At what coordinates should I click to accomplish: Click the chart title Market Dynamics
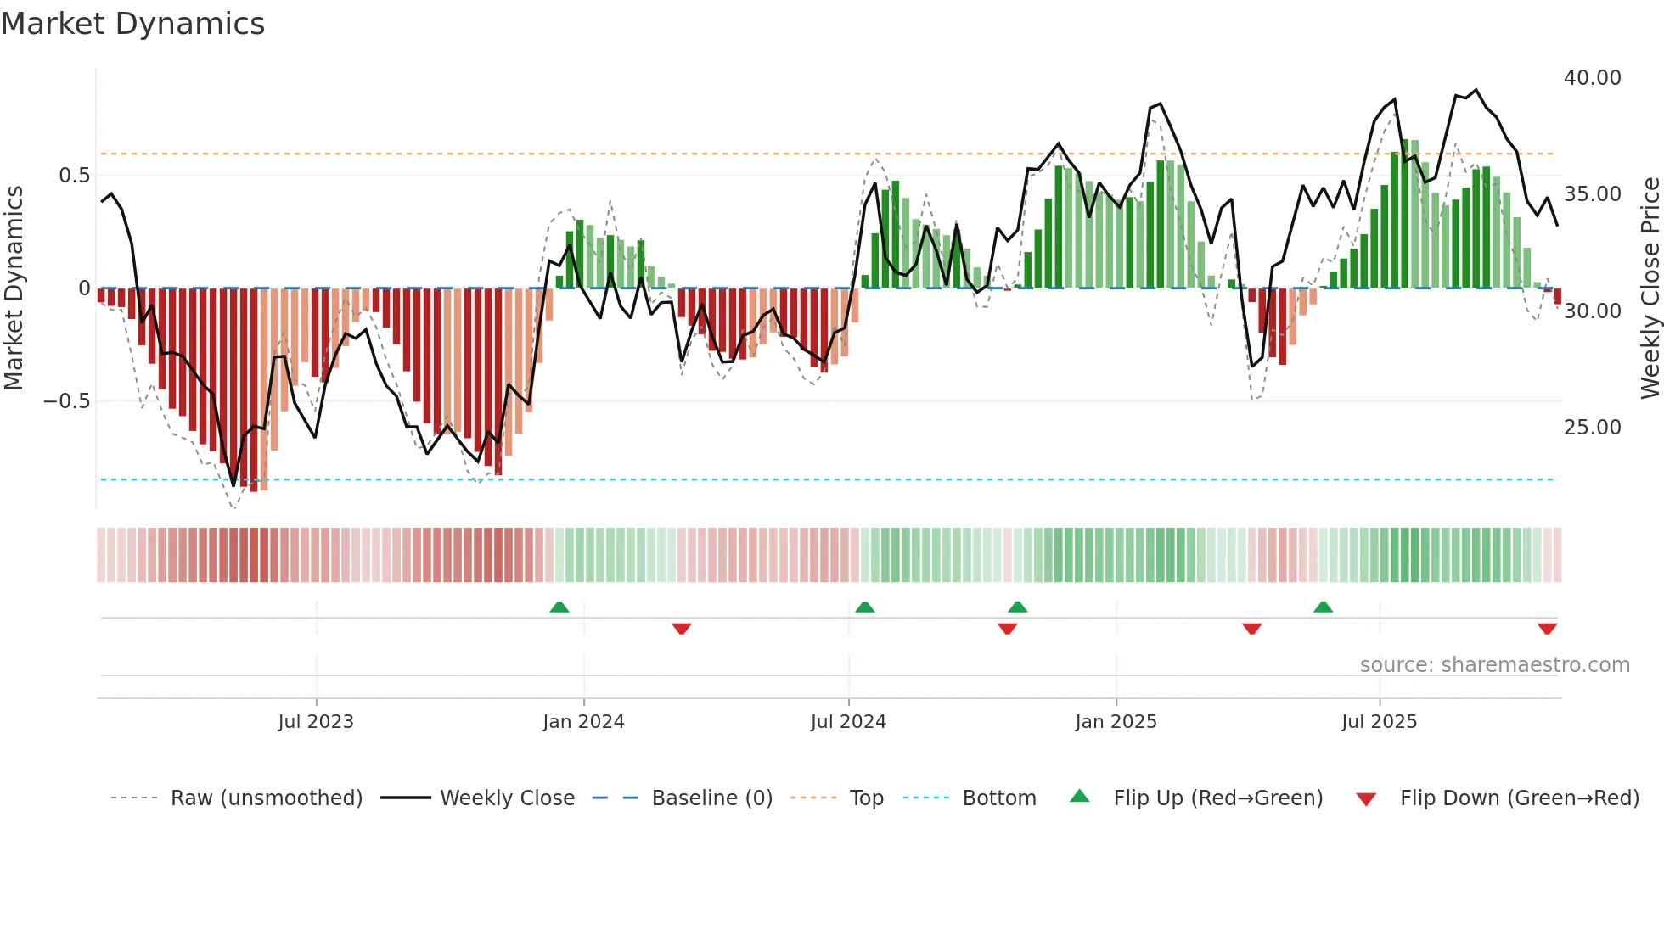[x=132, y=24]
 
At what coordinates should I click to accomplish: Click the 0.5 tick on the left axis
[x=74, y=176]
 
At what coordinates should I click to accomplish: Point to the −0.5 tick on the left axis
[x=67, y=401]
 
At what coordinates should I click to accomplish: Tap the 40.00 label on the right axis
[x=1592, y=78]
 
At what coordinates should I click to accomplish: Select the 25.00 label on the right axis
[x=1592, y=428]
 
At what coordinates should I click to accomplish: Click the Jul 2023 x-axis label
[x=316, y=722]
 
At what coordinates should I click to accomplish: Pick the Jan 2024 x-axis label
[x=583, y=722]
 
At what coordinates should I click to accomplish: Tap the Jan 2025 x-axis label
[x=1116, y=722]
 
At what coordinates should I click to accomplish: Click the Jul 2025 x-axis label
[x=1379, y=722]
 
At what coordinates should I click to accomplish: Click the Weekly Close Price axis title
[x=1650, y=288]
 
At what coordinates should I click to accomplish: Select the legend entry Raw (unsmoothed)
[x=266, y=798]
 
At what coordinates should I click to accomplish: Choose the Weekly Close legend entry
[x=507, y=798]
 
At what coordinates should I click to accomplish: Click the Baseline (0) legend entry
[x=711, y=798]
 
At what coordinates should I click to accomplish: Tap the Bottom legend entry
[x=998, y=798]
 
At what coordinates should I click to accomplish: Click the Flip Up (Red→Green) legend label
[x=1217, y=798]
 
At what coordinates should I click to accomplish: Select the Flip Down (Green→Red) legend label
[x=1519, y=798]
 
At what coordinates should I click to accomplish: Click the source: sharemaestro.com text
[x=1494, y=665]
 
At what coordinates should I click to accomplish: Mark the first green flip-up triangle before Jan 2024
[x=559, y=607]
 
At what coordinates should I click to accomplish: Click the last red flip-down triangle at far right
[x=1547, y=629]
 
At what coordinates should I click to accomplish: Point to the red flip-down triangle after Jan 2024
[x=681, y=629]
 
